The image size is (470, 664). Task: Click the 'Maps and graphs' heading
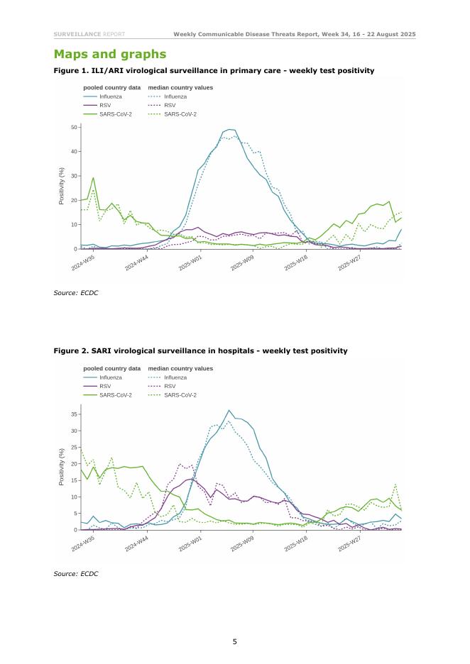pos(110,54)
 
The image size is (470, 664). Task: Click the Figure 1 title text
pos(214,71)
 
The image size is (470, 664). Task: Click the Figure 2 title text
pos(200,350)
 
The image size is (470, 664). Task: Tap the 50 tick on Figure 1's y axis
pos(74,127)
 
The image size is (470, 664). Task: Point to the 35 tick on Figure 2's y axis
pos(74,413)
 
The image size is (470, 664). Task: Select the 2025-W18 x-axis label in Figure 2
pos(296,544)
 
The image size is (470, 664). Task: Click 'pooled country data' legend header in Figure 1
pos(112,88)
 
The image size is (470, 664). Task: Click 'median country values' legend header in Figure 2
pos(180,369)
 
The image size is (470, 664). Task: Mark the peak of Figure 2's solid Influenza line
pos(229,410)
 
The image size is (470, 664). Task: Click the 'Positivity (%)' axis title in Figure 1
pos(62,186)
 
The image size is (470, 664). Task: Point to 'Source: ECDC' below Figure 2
pos(75,573)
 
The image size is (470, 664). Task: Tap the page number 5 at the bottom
pos(235,641)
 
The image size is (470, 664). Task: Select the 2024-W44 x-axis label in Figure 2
pos(136,544)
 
